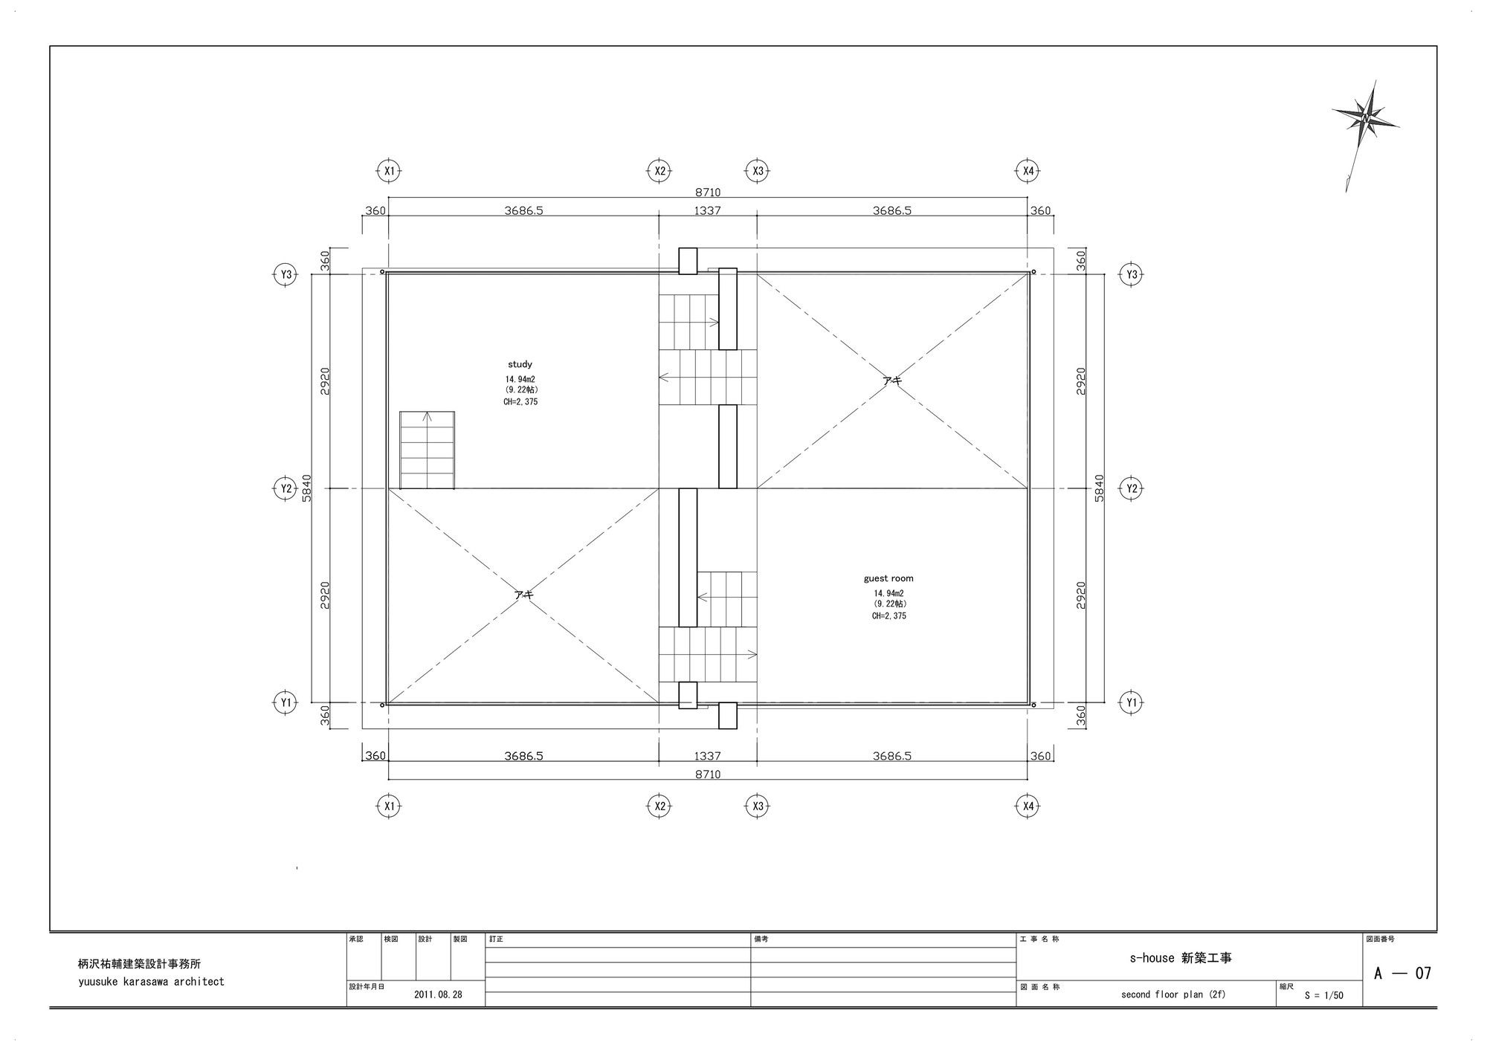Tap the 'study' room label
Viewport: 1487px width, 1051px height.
[x=520, y=364]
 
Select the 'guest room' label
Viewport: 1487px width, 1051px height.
[x=888, y=578]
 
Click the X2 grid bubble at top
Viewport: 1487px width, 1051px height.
[x=659, y=171]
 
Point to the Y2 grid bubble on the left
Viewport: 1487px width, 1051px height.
[x=286, y=488]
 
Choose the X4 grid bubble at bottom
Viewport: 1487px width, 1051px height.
[x=1028, y=806]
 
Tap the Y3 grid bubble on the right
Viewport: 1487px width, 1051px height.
[x=1131, y=274]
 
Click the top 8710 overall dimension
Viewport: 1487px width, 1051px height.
[x=708, y=193]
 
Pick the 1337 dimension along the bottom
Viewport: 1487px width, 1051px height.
[x=707, y=756]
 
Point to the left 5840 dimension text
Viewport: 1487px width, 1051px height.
[x=307, y=488]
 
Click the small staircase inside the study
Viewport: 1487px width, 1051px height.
[x=428, y=450]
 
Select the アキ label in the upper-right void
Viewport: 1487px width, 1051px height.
[x=891, y=380]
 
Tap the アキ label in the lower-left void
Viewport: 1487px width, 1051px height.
[x=523, y=594]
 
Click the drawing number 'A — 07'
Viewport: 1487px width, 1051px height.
[x=1402, y=973]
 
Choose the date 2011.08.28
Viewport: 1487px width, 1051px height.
[x=438, y=995]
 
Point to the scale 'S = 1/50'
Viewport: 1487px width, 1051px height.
[x=1323, y=995]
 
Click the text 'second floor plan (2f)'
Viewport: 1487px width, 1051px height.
[x=1173, y=995]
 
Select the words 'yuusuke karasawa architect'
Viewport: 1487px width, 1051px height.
[x=151, y=981]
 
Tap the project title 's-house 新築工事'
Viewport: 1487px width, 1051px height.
[x=1181, y=958]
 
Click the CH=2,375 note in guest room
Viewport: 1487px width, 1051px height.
[x=888, y=615]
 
